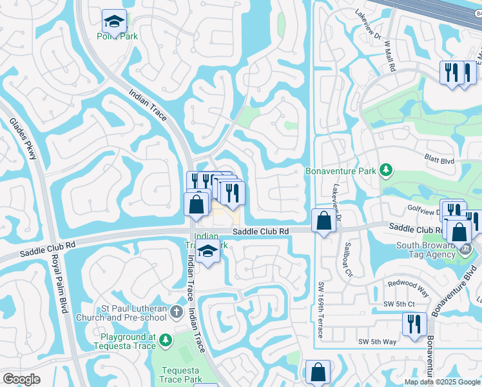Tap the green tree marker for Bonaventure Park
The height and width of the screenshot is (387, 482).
tap(386, 170)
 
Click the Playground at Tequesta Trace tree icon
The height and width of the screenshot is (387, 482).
tap(166, 339)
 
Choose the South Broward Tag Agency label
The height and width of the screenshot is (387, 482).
tap(427, 250)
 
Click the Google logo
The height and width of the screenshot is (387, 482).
tap(21, 379)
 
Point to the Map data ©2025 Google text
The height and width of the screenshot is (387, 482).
tap(442, 382)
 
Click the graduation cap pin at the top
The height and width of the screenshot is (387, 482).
tap(115, 21)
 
